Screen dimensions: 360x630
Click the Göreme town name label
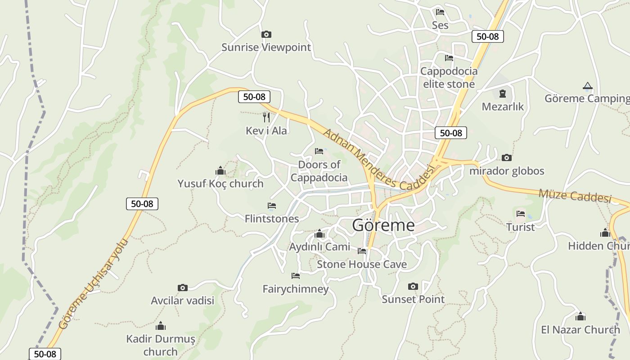point(383,225)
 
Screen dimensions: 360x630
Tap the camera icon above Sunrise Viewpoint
point(266,34)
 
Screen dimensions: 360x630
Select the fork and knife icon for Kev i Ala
point(266,117)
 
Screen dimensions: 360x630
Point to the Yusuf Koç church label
point(220,184)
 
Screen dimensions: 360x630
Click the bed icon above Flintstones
point(272,206)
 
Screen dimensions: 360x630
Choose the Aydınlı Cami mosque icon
point(319,234)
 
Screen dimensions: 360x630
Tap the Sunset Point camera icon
point(413,286)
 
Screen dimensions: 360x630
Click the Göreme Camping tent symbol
point(587,85)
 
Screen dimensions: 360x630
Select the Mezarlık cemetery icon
point(503,94)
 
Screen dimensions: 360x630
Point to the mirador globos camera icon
point(507,157)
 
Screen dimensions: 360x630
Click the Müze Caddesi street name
point(575,196)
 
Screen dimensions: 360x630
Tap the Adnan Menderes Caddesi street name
point(379,159)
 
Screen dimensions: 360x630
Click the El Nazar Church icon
point(580,316)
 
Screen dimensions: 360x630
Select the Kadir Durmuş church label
point(161,345)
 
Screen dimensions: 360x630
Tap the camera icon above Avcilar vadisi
point(182,288)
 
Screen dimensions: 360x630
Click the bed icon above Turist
point(521,213)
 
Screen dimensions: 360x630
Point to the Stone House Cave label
point(362,264)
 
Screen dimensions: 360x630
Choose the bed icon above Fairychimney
point(296,275)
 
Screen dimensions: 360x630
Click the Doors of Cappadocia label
point(319,171)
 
